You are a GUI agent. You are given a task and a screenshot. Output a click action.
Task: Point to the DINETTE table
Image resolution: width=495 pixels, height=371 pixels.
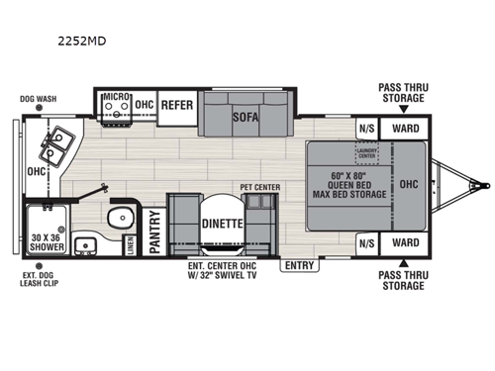click(222, 224)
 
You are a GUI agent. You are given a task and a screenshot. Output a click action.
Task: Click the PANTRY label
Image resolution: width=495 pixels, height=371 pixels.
click(154, 233)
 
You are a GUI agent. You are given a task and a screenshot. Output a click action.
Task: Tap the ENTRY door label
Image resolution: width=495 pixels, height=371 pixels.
click(297, 264)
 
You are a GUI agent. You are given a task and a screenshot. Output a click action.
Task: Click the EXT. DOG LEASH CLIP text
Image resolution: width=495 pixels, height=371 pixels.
click(38, 281)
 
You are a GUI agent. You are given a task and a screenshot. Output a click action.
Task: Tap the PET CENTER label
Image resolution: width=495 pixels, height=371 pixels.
click(259, 186)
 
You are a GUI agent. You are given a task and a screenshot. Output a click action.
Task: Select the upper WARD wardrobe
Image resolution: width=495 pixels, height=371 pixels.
click(405, 129)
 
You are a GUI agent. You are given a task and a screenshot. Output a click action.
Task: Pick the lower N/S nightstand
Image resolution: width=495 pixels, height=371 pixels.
click(366, 242)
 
